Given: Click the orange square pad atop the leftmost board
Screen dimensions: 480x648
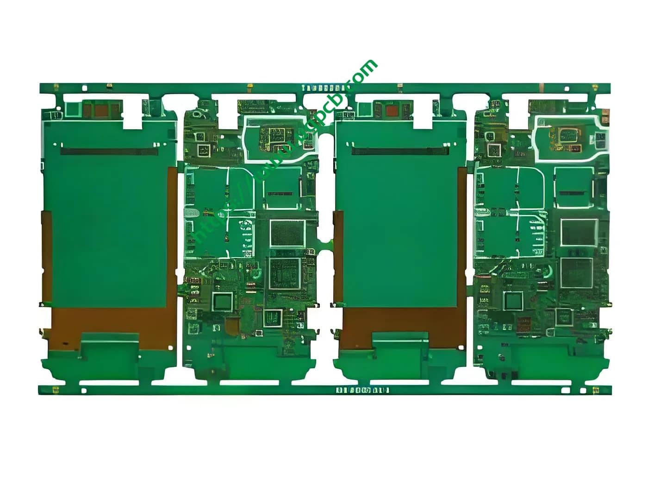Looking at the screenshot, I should coord(101,110).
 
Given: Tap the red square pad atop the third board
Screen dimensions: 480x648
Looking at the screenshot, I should coord(392,111).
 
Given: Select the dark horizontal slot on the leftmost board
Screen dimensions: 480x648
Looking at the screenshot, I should coord(109,151).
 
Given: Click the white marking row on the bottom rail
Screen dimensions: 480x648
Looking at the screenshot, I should coord(362,390).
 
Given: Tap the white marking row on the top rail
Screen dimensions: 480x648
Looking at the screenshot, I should coord(324,88).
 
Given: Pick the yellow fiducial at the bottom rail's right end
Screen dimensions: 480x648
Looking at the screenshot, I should coord(596,390).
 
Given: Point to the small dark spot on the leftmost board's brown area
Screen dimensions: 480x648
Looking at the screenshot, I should coord(65,344).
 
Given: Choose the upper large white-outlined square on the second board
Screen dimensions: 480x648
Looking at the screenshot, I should coord(287,233).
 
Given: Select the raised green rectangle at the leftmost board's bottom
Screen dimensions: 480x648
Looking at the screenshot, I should coord(110,345).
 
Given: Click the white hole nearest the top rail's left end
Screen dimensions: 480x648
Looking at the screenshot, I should coord(84,87).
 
